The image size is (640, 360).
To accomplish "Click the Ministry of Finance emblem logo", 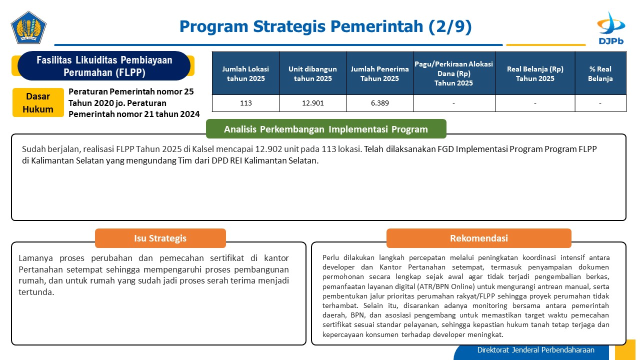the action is [28, 27].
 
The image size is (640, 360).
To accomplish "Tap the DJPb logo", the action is [611, 28].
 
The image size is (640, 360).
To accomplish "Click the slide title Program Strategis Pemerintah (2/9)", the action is [325, 26].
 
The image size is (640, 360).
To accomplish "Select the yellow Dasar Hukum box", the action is [38, 102].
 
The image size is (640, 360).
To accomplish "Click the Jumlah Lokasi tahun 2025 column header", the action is [245, 73].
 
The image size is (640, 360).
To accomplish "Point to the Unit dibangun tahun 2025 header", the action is [312, 73].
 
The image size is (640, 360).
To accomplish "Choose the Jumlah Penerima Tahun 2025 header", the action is [379, 73].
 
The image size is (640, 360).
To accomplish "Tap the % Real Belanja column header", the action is [600, 73].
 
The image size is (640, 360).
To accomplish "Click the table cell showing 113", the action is [245, 103].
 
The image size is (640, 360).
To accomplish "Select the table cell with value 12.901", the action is [312, 103].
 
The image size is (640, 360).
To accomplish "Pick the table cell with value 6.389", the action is [379, 103].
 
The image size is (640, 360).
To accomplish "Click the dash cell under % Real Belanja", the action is [600, 103].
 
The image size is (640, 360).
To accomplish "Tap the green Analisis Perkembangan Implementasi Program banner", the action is [326, 129].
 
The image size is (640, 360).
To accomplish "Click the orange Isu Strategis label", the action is [160, 238].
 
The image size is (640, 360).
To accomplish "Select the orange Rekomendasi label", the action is [479, 238].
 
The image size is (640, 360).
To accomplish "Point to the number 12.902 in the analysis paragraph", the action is [268, 149].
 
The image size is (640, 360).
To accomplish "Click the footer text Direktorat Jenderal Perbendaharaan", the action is [535, 349].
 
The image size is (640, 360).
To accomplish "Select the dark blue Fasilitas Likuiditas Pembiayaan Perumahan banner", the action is [104, 66].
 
